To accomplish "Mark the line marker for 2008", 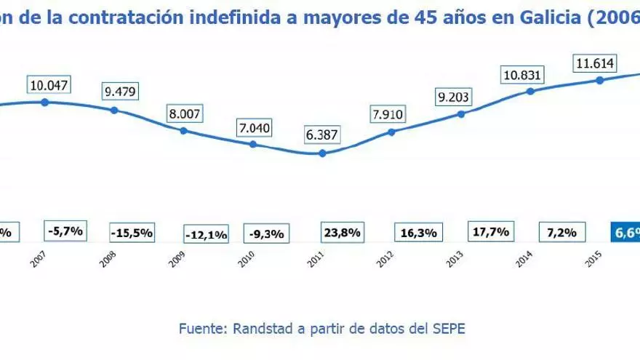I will pos(114,110).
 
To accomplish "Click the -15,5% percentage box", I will pos(132,233).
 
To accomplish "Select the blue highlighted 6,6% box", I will pos(625,232).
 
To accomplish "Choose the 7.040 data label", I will pos(255,127).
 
